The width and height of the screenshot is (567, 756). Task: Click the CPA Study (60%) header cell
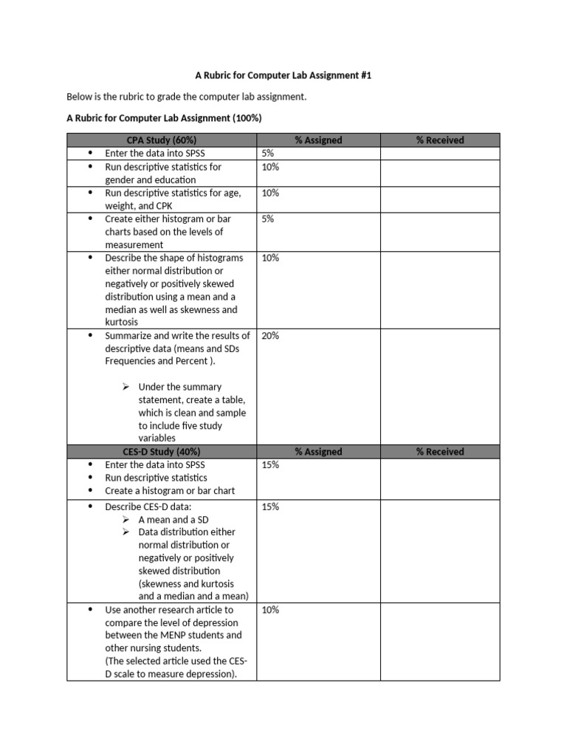(x=161, y=140)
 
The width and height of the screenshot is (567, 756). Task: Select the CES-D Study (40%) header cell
(x=161, y=452)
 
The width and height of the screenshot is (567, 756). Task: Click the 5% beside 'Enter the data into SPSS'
(x=267, y=154)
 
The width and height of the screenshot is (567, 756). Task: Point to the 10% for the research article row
(x=270, y=610)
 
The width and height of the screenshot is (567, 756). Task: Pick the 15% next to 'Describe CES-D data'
(x=270, y=506)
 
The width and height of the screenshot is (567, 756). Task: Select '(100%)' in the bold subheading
(x=247, y=118)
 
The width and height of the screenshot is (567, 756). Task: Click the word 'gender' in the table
(x=120, y=180)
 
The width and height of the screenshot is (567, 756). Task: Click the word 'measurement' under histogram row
(x=134, y=245)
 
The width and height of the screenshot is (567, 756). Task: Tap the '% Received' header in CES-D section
(x=440, y=452)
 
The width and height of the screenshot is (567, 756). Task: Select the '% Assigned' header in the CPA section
(x=318, y=140)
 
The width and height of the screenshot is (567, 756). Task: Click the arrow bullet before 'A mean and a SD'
(x=126, y=520)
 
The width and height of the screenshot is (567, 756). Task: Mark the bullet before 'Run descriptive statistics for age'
(x=91, y=193)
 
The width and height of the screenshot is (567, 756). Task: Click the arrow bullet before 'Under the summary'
(x=126, y=387)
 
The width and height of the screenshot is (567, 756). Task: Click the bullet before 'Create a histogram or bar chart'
(x=91, y=491)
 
